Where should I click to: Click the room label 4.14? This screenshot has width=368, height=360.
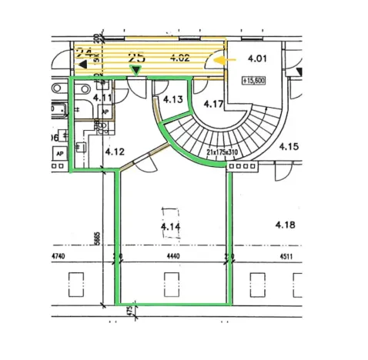(x=171, y=227)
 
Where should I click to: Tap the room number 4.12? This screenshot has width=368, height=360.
(x=115, y=152)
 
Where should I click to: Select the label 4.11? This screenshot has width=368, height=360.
(x=102, y=98)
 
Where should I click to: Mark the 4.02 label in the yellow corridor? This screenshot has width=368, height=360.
(x=179, y=58)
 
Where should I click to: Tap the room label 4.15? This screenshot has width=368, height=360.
(x=288, y=145)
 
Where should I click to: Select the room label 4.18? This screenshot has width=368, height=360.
(x=289, y=225)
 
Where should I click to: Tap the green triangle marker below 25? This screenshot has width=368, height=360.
(x=136, y=71)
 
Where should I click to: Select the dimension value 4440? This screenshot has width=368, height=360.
(x=172, y=258)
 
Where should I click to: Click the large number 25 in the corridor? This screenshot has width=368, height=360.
(x=137, y=57)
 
